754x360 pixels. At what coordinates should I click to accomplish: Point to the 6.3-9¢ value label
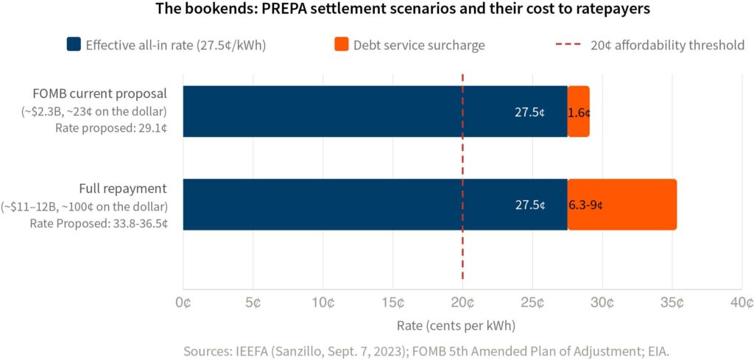pos(587,205)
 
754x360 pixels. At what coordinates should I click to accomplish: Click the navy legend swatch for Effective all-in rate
pos(72,45)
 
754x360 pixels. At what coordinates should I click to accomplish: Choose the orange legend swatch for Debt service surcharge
pos(341,45)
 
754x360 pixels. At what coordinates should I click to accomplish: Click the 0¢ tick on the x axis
pos(183,303)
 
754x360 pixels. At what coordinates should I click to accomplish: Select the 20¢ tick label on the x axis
pos(462,303)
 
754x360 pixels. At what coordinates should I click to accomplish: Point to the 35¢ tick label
pos(672,303)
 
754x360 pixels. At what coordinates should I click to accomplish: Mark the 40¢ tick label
pos(741,303)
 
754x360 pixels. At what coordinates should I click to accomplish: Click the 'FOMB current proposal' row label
pos(99,93)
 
